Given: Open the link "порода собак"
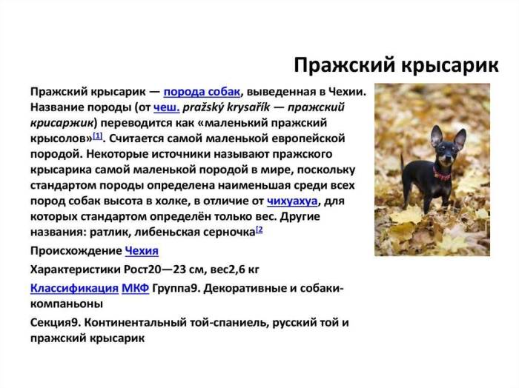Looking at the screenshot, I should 202,92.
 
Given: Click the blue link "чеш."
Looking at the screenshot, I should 167,107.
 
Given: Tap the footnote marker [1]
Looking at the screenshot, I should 98,136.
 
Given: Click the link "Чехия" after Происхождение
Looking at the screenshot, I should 142,251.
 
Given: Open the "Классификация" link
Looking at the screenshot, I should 74,287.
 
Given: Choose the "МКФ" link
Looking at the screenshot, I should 135,287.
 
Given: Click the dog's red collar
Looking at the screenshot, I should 442,176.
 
